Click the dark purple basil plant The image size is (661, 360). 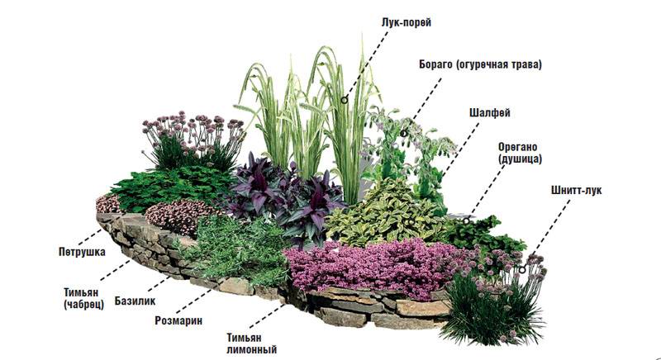coord(285,198)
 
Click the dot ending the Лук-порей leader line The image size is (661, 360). coord(345,102)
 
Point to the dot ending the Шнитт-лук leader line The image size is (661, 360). coord(523,269)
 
